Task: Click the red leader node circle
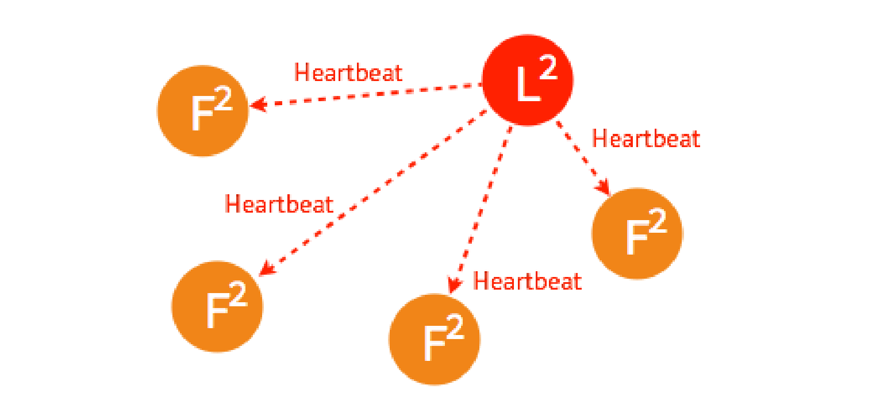(527, 80)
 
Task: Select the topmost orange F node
(203, 111)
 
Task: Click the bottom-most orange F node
(435, 339)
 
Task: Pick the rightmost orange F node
(637, 233)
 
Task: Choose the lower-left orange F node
(217, 306)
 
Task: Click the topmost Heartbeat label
(348, 72)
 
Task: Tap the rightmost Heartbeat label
(646, 139)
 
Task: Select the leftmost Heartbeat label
(279, 204)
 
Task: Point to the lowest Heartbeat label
(527, 281)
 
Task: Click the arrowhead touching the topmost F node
(257, 105)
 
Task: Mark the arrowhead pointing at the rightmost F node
(604, 187)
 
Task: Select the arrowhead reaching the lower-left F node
(266, 267)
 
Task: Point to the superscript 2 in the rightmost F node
(658, 221)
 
